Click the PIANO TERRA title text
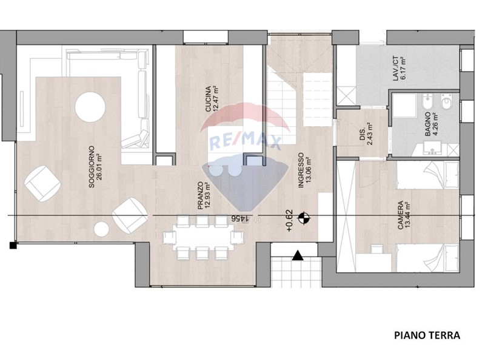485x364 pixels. (427, 335)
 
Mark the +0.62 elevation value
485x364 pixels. (289, 221)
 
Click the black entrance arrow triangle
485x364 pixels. (298, 255)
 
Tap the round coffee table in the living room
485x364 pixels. (90, 107)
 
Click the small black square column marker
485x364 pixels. (13, 246)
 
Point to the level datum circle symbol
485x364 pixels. (304, 218)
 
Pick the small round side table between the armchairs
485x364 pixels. (101, 229)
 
